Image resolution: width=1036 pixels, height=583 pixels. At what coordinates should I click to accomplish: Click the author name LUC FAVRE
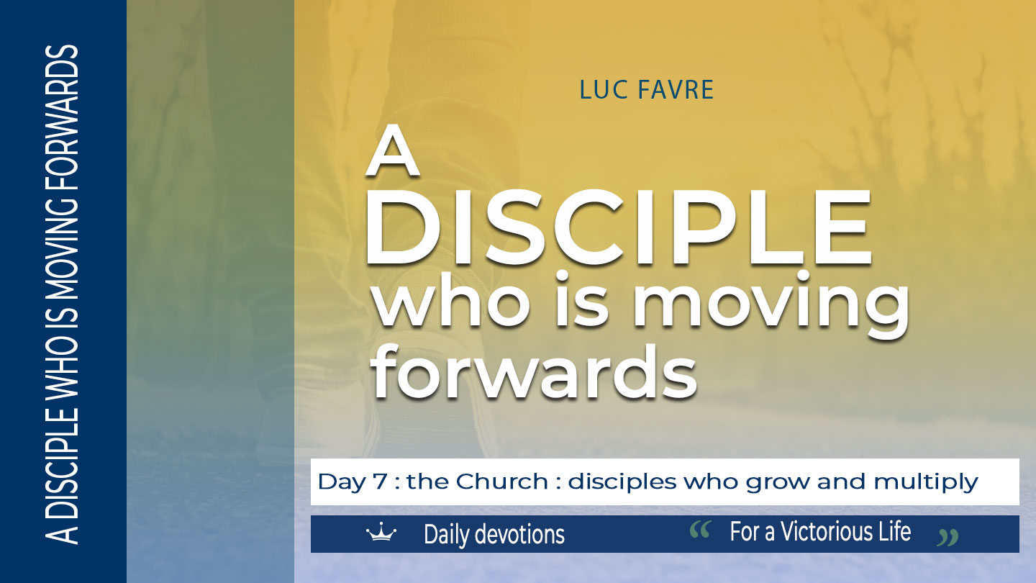[x=647, y=90]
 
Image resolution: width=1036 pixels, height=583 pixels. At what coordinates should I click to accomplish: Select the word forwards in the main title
[x=535, y=372]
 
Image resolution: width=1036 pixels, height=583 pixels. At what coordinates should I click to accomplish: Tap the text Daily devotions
[x=494, y=534]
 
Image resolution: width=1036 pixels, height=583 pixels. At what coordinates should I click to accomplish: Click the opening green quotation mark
[x=700, y=530]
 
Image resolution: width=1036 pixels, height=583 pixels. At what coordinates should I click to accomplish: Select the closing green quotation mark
[x=948, y=538]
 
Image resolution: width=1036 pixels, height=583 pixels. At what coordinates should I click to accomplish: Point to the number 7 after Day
[x=380, y=482]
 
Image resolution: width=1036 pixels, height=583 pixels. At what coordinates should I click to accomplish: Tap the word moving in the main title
[x=771, y=305]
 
